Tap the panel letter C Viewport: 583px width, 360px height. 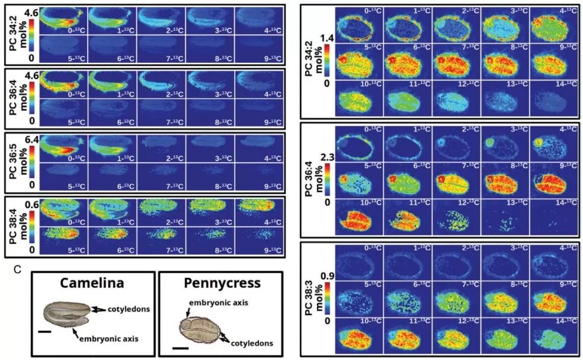(x=18, y=269)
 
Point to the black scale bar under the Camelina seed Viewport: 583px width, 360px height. (x=44, y=332)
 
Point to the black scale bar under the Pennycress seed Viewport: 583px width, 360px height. (x=180, y=348)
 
